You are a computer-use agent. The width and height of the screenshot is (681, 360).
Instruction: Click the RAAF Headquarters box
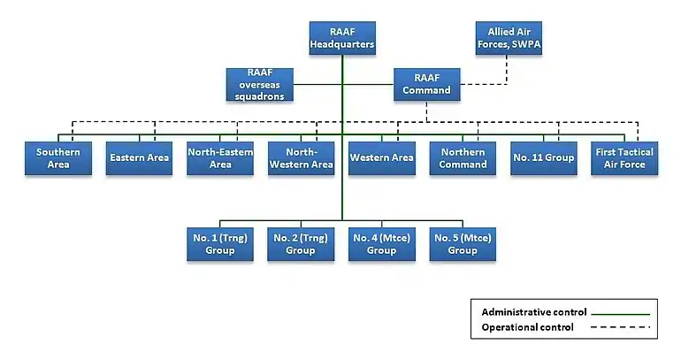tap(342, 37)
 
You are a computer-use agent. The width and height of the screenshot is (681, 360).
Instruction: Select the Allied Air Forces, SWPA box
tap(509, 37)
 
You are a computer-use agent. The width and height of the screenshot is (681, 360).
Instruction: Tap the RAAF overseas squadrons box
tap(260, 84)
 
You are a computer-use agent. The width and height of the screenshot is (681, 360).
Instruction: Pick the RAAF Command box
tap(426, 84)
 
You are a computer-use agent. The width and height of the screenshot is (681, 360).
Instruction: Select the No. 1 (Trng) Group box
tap(220, 244)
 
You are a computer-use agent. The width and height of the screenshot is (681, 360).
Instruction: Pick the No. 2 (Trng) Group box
tap(301, 244)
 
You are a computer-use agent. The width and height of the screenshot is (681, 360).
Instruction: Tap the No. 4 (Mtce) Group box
tap(382, 244)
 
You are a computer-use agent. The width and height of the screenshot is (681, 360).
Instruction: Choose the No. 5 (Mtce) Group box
tap(463, 244)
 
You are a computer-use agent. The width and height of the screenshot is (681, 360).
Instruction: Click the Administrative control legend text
tap(534, 312)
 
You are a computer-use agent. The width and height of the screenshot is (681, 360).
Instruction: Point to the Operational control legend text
tap(527, 327)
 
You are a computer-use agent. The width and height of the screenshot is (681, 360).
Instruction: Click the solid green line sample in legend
tap(620, 313)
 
